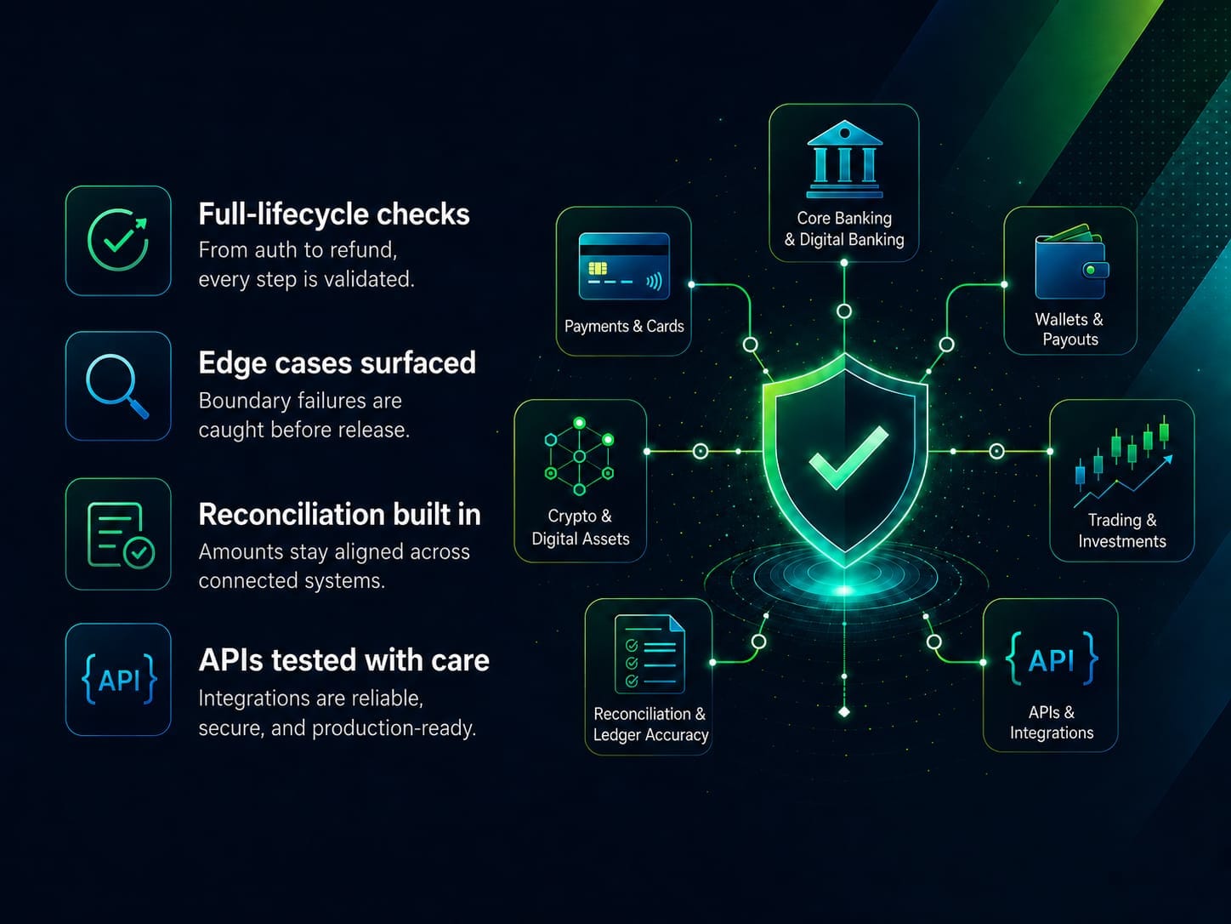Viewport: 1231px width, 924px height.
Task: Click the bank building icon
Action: click(844, 159)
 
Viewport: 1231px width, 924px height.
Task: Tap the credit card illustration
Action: click(624, 266)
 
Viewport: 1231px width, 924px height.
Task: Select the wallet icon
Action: click(1071, 262)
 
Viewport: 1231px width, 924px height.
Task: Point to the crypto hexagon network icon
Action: click(579, 456)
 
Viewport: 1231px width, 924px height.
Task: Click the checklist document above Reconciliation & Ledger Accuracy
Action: click(650, 654)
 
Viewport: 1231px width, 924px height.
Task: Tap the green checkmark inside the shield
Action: click(848, 457)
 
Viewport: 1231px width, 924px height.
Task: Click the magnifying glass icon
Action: click(117, 386)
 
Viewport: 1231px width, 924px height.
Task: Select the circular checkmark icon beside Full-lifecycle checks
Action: click(118, 240)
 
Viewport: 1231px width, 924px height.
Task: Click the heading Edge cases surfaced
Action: click(337, 362)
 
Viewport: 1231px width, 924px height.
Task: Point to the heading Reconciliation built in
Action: click(339, 514)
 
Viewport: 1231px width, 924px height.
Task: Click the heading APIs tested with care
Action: click(343, 659)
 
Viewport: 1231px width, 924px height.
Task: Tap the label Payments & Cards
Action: click(624, 326)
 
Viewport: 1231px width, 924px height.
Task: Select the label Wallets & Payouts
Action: click(1069, 329)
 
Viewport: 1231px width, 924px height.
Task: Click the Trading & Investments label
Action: click(1121, 531)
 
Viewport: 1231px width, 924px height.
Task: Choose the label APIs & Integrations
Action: click(1052, 722)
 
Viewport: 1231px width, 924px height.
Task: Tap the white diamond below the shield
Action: click(844, 712)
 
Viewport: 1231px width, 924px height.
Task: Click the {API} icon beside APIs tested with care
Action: click(119, 680)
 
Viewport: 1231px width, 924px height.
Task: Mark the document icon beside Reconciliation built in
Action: click(121, 536)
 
